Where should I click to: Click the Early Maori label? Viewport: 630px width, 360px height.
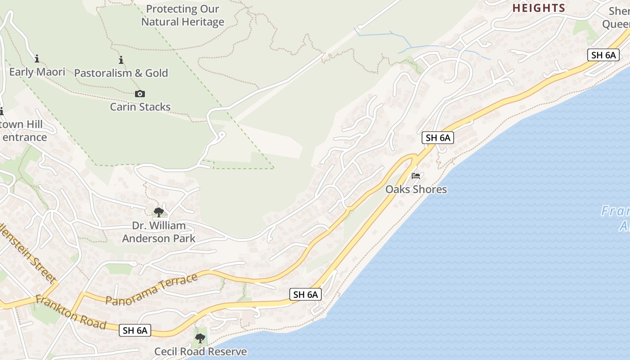[37, 72]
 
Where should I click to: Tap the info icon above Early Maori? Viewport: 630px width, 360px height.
[37, 58]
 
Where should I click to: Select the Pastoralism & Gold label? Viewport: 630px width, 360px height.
[121, 73]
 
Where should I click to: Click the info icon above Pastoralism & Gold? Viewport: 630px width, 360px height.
[121, 60]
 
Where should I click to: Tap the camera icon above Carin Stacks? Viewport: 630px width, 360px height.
[140, 94]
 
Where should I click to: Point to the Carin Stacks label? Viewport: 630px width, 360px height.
[140, 107]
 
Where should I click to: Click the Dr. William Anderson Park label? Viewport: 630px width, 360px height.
[159, 232]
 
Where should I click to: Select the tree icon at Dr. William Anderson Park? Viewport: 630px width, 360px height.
[158, 212]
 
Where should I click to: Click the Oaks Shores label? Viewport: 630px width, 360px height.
[416, 189]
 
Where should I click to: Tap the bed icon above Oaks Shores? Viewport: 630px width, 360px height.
[416, 175]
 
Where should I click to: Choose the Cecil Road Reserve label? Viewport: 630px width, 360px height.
[201, 351]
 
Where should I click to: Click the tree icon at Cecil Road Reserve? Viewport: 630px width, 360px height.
[200, 338]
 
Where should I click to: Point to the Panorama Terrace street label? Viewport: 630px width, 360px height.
[152, 289]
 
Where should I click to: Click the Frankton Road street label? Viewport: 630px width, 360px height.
[71, 312]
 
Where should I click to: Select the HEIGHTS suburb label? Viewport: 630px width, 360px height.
[539, 8]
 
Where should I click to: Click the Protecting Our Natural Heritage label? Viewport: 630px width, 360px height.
[183, 15]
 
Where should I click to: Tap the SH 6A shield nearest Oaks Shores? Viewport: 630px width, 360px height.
[438, 138]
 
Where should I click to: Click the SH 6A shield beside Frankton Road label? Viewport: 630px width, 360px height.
[135, 330]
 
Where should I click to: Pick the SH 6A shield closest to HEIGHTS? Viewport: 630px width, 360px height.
[603, 55]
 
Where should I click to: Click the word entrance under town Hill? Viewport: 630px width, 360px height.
[25, 137]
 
